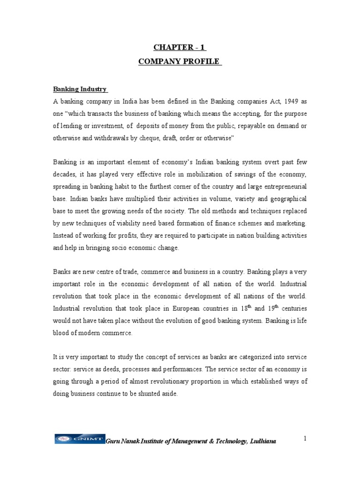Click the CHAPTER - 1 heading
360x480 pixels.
tap(180, 47)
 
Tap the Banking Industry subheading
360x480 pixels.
tap(80, 89)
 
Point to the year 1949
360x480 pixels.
tap(278, 101)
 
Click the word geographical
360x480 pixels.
tap(286, 199)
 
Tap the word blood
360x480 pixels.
tap(61, 333)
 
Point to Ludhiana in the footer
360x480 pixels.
tap(262, 442)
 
